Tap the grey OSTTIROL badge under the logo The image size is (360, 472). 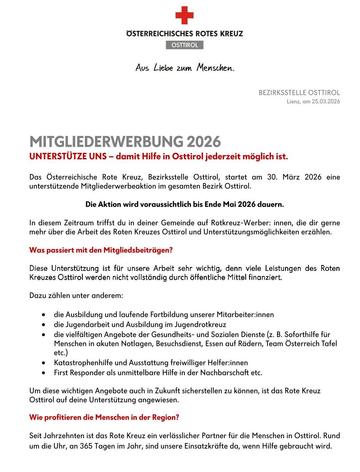tap(184, 45)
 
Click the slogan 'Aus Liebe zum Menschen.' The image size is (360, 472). tap(185, 68)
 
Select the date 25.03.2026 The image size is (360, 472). tap(326, 101)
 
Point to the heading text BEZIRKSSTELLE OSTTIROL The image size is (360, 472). tap(299, 92)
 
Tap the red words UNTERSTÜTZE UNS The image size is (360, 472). tap(68, 156)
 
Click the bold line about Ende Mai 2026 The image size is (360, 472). tap(184, 204)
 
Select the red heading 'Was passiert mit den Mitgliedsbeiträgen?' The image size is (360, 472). tap(101, 250)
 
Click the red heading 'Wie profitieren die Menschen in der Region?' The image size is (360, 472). tap(104, 417)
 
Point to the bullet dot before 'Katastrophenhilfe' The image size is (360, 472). tap(44, 363)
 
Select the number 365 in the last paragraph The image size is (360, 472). tap(86, 446)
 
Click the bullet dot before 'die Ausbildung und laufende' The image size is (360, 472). tap(44, 315)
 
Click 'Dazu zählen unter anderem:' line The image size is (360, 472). tap(76, 295)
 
